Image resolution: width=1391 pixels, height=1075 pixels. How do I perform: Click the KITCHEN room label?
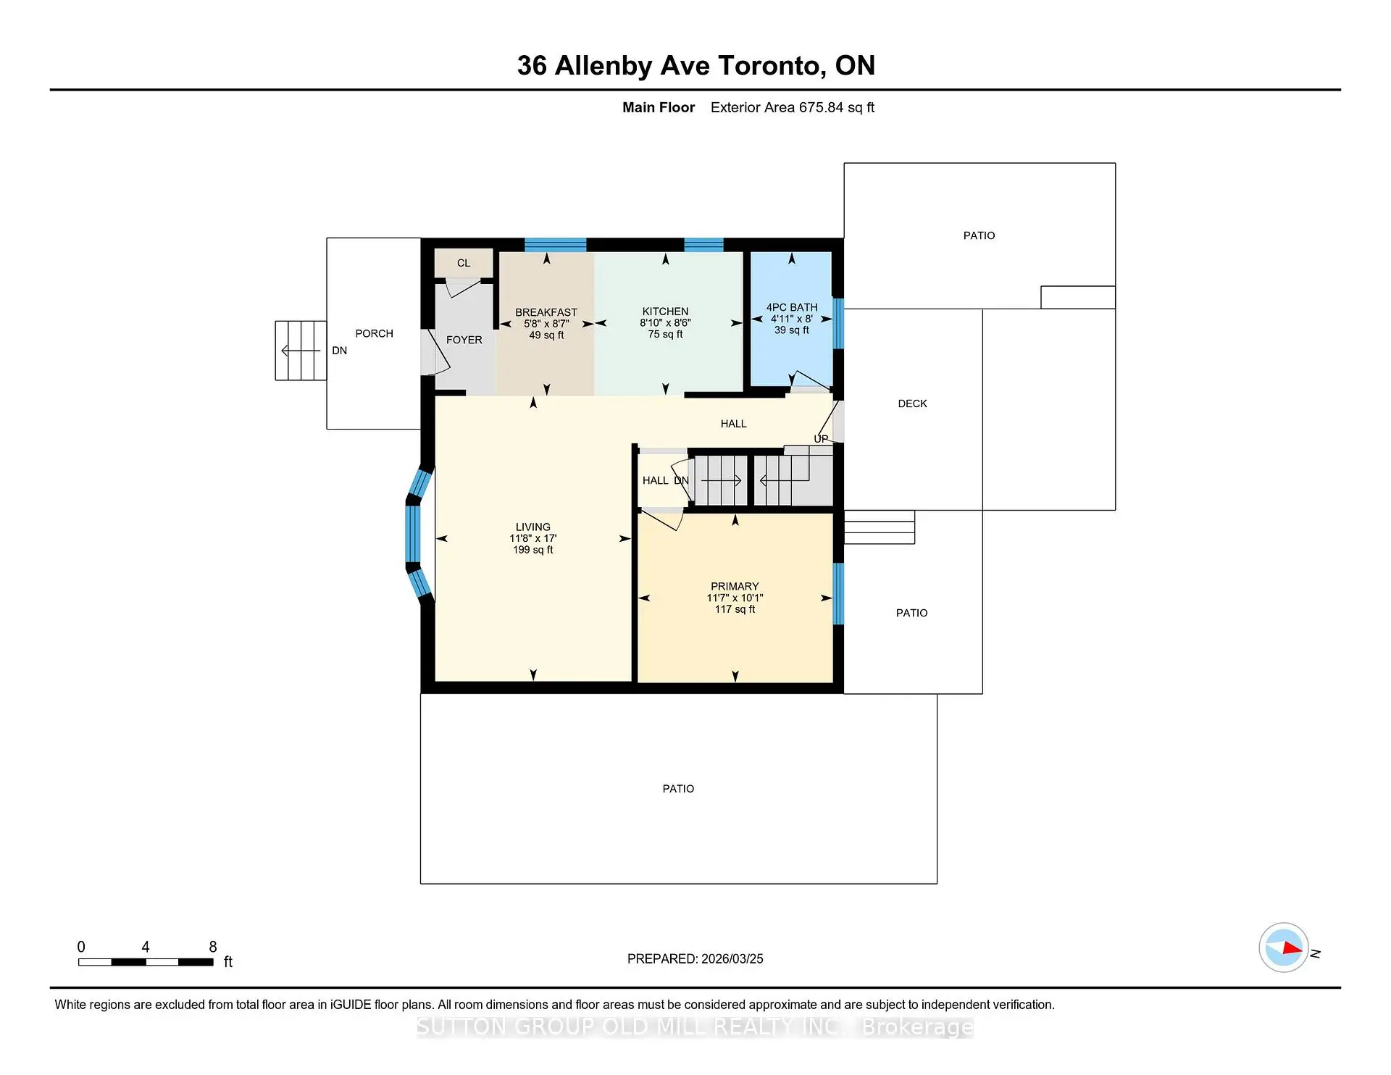[665, 311]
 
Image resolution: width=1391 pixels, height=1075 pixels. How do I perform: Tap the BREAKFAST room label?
[546, 312]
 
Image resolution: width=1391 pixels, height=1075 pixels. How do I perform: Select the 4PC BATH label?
[792, 307]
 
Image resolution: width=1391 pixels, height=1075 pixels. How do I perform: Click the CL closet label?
[464, 263]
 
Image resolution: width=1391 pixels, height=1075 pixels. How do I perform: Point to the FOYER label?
[464, 340]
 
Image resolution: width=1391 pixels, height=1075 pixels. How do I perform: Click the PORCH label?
[374, 333]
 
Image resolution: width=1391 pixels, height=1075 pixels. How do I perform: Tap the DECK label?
[912, 403]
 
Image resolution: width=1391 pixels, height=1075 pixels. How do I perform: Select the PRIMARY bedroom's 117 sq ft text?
[735, 609]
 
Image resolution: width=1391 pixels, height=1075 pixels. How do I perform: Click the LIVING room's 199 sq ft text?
[532, 550]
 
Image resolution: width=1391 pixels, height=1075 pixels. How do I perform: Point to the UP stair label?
[821, 439]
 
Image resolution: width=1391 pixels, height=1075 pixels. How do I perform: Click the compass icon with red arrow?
[1283, 948]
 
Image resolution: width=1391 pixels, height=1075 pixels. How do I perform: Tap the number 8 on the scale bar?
[213, 947]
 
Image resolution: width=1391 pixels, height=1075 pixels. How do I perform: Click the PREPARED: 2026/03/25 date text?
[695, 958]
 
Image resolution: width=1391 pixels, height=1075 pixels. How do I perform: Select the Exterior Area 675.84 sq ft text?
[792, 107]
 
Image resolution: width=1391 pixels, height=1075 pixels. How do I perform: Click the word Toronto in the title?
[769, 66]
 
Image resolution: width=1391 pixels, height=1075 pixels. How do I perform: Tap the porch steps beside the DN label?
[301, 351]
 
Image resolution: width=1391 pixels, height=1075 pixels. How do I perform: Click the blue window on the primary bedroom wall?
[838, 593]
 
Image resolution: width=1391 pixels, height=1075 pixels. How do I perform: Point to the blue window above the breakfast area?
[555, 244]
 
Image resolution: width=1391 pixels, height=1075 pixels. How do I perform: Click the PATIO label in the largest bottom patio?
[678, 788]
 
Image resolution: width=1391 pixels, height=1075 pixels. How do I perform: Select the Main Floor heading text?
[658, 107]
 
